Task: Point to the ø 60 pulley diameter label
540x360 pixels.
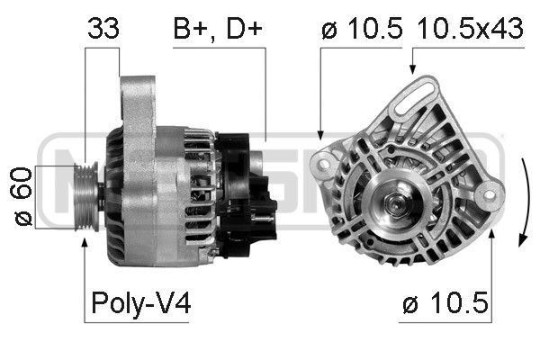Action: (x=23, y=196)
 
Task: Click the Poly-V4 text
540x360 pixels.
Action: (x=139, y=305)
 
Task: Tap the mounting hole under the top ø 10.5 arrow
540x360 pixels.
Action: (x=321, y=161)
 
